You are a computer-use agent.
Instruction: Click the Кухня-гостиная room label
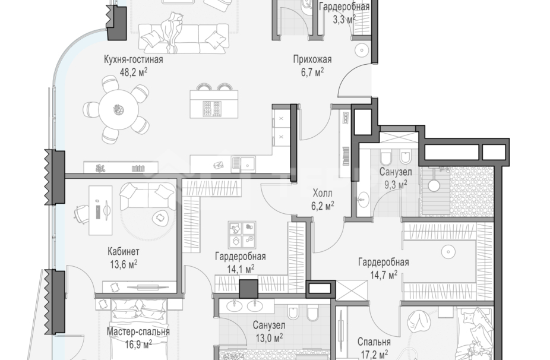pos(133,59)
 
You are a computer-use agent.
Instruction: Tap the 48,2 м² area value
pos(133,72)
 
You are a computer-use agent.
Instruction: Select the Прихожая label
pos(312,59)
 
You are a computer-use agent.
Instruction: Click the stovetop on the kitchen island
pos(212,109)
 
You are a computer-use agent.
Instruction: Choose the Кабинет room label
pos(124,251)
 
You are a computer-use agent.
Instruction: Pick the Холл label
pos(323,193)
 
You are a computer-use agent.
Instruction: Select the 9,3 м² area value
pos(396,185)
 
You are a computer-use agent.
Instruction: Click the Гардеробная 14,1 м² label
pos(241,263)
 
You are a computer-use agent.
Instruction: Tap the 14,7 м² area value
pos(384,274)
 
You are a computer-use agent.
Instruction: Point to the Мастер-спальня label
pos(138,331)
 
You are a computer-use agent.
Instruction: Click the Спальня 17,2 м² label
pos(374,348)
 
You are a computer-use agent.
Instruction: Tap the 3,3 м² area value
pos(344,19)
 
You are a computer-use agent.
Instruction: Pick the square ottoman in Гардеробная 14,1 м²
pos(242,235)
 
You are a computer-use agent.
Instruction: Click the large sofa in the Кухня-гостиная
pos(184,37)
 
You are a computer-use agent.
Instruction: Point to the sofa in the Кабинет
pos(148,197)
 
